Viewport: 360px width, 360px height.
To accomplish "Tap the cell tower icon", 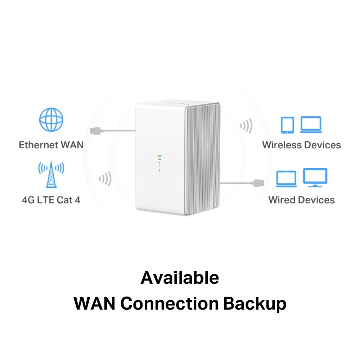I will pos(51,175).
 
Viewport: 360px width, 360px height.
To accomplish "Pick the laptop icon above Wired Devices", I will pos(286,179).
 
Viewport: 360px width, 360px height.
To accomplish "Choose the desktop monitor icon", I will pos(315,177).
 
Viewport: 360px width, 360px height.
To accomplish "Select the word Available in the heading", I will pos(180,278).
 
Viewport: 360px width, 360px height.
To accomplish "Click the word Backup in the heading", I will pos(255,303).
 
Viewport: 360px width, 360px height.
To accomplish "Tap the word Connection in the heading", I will pos(170,303).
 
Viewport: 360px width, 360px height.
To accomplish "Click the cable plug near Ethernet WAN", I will pos(95,131).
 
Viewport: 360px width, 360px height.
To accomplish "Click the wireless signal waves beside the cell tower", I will pos(105,179).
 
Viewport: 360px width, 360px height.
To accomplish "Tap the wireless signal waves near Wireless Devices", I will pos(246,126).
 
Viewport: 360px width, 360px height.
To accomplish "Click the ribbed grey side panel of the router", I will pos(202,158).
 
